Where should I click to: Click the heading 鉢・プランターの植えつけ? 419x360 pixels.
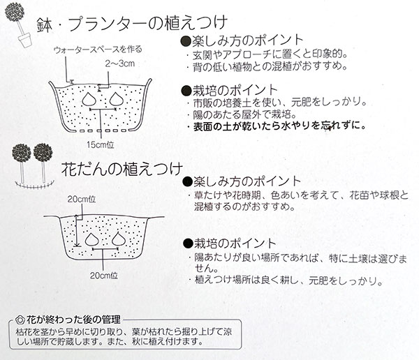coord(132,24)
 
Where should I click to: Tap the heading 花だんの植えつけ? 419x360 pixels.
coord(122,169)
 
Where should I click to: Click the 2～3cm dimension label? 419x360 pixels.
coord(119,63)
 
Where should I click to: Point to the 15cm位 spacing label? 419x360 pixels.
coord(100,144)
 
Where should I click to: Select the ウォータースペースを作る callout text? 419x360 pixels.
coord(98,50)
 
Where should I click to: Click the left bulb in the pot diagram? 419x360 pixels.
coord(89,99)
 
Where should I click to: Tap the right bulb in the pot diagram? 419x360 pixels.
coord(117,99)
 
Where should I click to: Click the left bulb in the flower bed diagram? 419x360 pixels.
coord(92,239)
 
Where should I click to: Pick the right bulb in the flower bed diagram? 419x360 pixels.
coord(119,239)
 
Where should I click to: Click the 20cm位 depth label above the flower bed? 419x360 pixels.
coord(82,200)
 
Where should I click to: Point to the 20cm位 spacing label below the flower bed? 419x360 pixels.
coord(103,276)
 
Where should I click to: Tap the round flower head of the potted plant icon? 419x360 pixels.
coord(15,12)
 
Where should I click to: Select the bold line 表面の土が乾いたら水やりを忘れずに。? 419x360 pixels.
coord(279,126)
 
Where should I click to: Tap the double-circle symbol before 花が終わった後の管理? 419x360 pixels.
coord(20,320)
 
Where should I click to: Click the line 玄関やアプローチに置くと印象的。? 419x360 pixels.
coord(267,54)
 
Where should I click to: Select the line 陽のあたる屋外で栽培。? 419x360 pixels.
coord(242,114)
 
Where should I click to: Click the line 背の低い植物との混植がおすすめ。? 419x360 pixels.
coord(267,66)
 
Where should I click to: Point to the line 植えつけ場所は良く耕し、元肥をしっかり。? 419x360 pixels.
coord(286,280)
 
